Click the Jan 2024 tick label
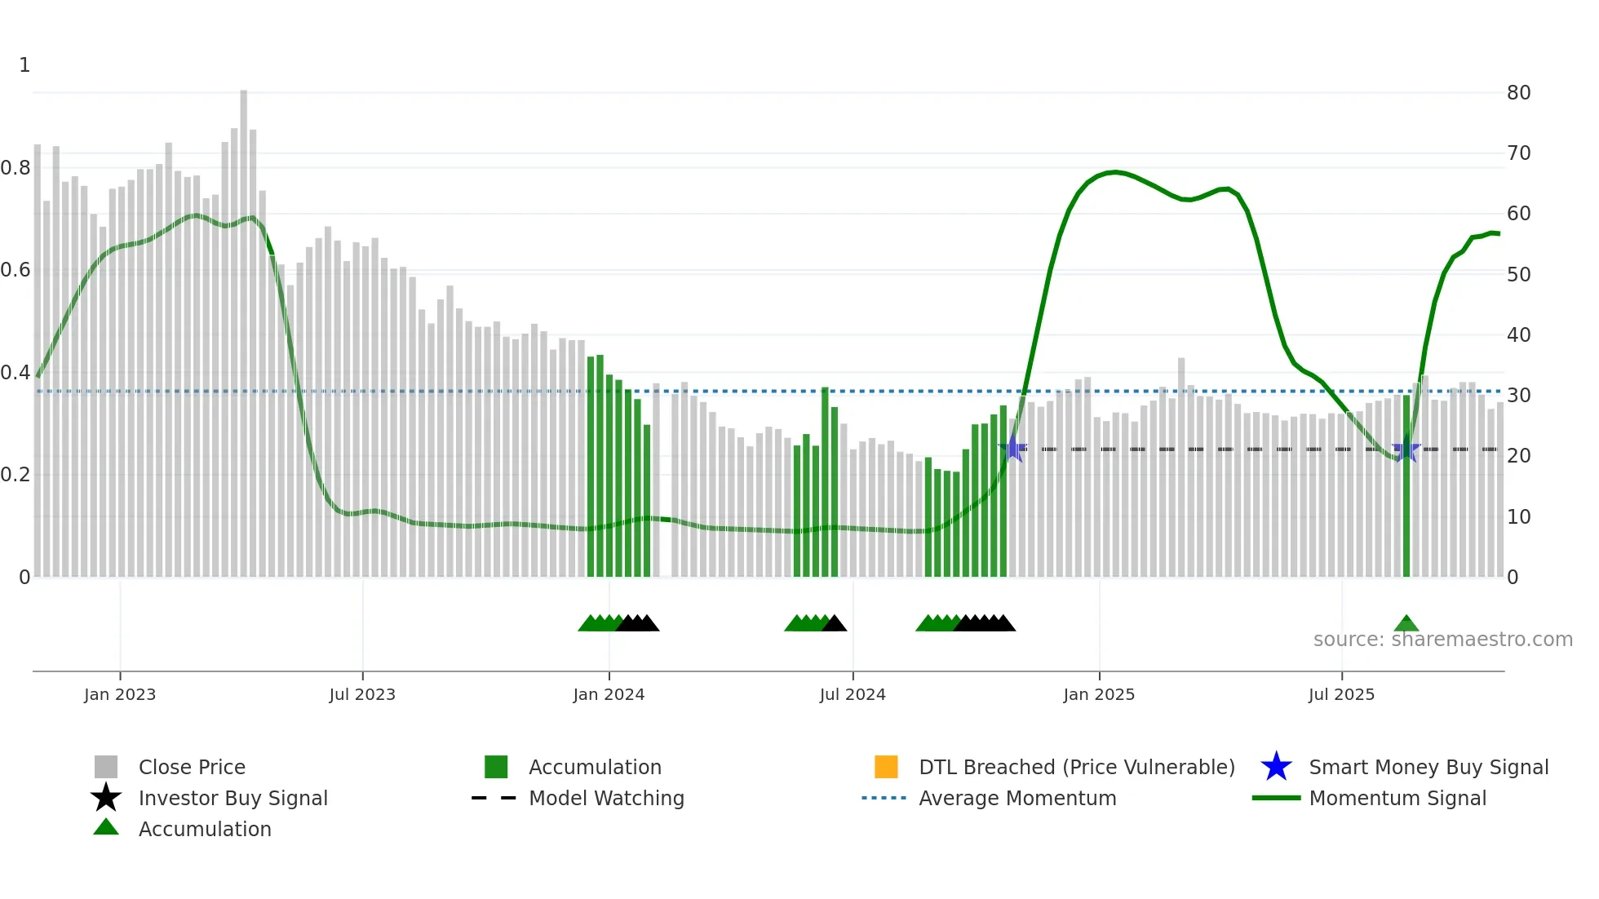point(609,694)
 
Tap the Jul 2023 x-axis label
point(362,694)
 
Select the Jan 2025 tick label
point(1099,694)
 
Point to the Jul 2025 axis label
point(1341,694)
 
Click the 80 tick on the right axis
point(1518,93)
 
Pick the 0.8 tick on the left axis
point(16,168)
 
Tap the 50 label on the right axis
point(1518,275)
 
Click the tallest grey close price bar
point(243,326)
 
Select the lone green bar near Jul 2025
point(1406,489)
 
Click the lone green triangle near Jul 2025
point(1406,624)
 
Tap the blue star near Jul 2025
point(1406,450)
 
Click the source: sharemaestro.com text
point(1442,640)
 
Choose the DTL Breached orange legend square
point(886,767)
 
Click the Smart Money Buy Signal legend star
point(1276,767)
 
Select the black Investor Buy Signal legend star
point(106,798)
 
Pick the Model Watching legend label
point(606,798)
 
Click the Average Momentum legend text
point(1017,798)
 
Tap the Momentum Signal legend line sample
point(1276,798)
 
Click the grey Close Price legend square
point(106,767)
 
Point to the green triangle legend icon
point(106,828)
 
